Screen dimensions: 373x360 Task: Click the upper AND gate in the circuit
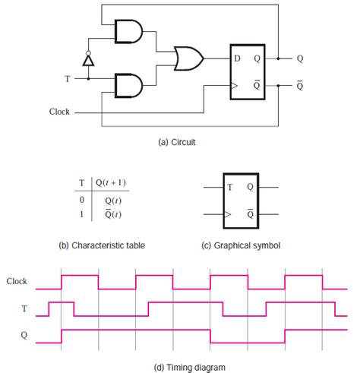click(x=126, y=31)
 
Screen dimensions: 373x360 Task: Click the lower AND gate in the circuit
click(x=126, y=84)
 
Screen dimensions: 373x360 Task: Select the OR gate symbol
click(x=187, y=58)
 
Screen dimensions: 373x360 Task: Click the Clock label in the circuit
click(x=58, y=112)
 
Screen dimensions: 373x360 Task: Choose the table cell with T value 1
click(x=82, y=215)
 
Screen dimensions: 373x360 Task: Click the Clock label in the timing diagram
click(x=17, y=281)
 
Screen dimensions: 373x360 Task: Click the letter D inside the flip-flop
click(x=238, y=58)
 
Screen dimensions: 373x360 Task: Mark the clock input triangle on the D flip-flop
click(x=234, y=86)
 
